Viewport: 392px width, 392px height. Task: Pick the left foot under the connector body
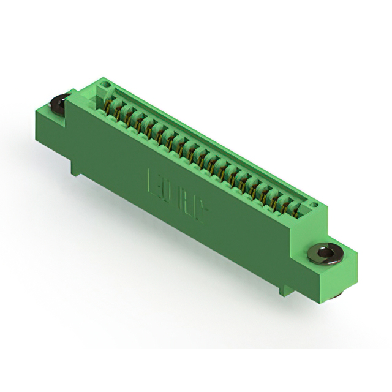tap(77, 168)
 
